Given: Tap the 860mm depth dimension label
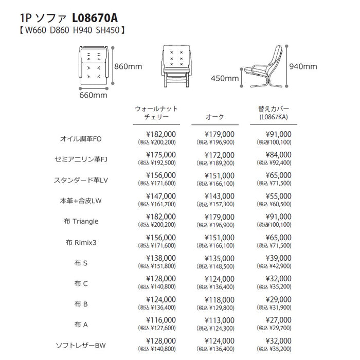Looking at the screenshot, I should click(x=128, y=66).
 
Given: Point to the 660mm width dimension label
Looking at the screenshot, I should click(x=93, y=95).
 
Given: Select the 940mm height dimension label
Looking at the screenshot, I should click(x=303, y=66).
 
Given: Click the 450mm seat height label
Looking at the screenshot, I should click(x=225, y=79).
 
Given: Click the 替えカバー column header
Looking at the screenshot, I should click(x=273, y=110).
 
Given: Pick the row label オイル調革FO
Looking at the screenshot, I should click(x=82, y=138).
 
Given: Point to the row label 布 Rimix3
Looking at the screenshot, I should click(x=81, y=242).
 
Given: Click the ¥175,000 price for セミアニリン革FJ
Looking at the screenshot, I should click(x=161, y=154).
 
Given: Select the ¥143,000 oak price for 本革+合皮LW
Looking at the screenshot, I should click(x=220, y=196).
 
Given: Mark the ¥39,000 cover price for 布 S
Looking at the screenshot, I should click(x=278, y=258).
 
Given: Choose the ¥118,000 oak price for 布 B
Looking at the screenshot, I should click(x=220, y=300).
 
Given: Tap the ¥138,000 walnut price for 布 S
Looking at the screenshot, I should click(x=161, y=258).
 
